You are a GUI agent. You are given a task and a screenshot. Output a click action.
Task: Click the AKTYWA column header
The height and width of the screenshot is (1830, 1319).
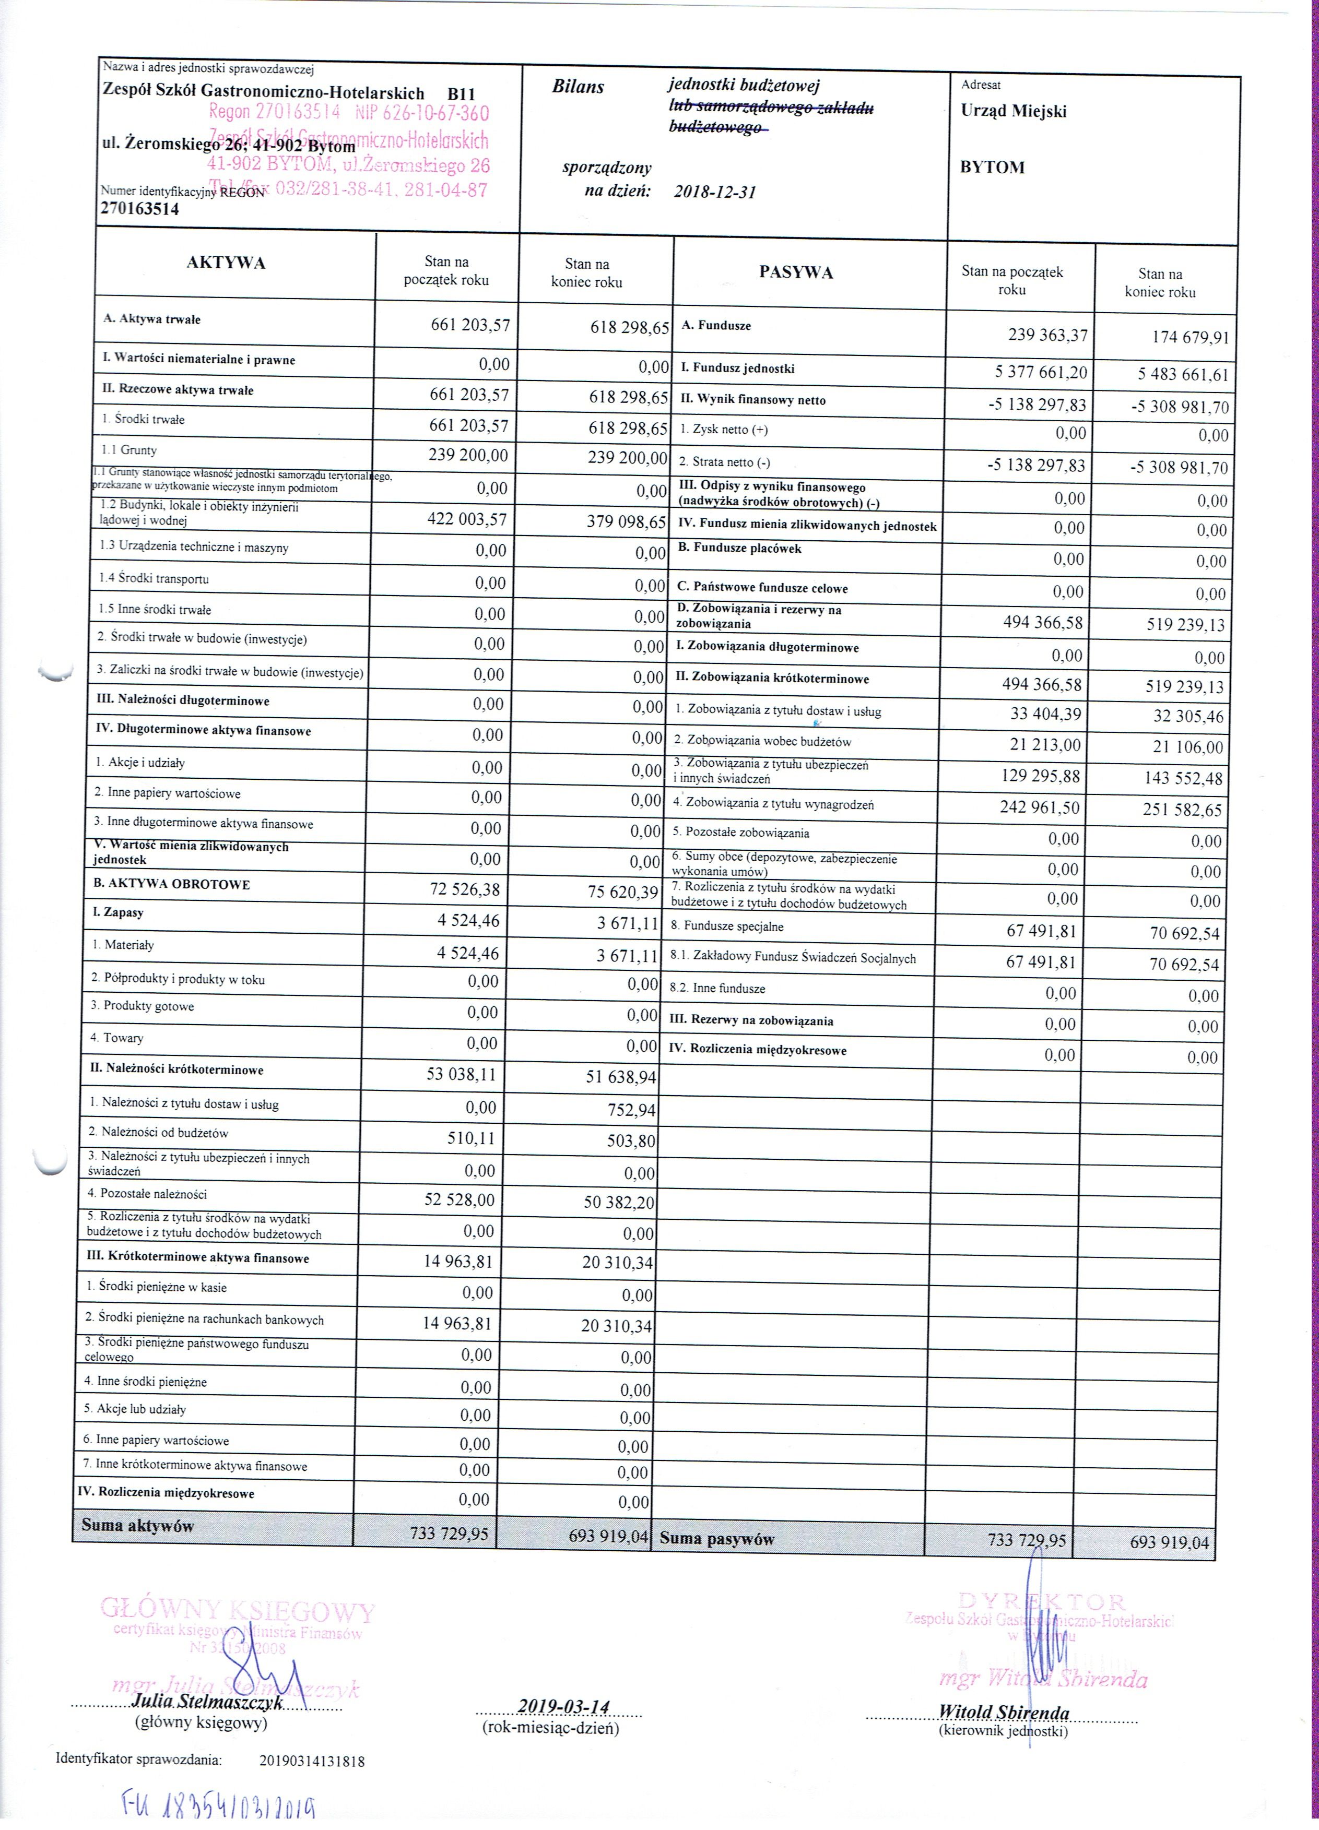click(x=226, y=263)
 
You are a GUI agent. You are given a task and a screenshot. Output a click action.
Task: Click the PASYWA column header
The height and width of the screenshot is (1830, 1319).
click(x=795, y=272)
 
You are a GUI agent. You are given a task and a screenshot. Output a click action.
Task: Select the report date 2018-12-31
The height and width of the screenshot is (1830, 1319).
click(x=714, y=192)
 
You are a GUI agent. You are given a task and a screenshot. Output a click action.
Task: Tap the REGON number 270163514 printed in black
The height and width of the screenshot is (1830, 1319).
click(x=139, y=209)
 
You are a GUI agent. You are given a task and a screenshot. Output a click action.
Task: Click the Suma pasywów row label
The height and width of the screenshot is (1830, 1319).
click(x=717, y=1539)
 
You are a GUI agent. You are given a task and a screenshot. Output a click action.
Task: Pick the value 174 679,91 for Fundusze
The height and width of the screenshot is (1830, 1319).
click(x=1190, y=337)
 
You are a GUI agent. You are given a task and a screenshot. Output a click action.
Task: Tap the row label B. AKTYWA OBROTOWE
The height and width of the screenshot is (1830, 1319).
click(x=172, y=884)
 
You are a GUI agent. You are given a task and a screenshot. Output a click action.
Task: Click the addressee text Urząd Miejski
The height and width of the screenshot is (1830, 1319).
click(x=1013, y=111)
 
